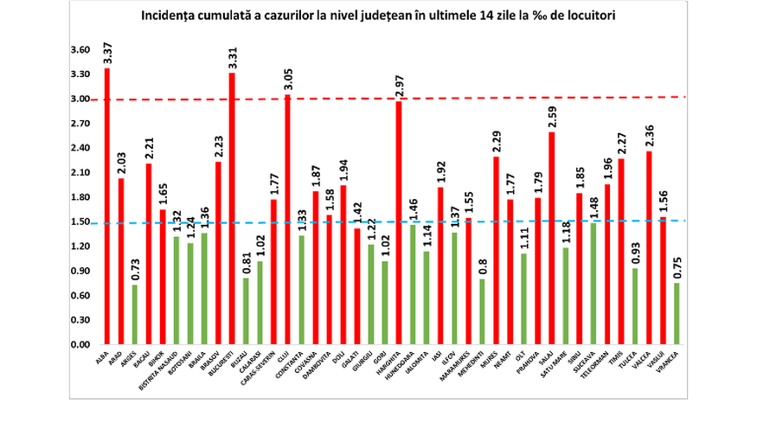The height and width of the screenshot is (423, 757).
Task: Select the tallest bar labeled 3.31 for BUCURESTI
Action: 232,208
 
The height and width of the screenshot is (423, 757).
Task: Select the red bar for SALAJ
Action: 551,238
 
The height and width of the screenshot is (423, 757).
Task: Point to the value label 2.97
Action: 400,82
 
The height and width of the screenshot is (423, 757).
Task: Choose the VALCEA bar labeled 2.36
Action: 648,247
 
